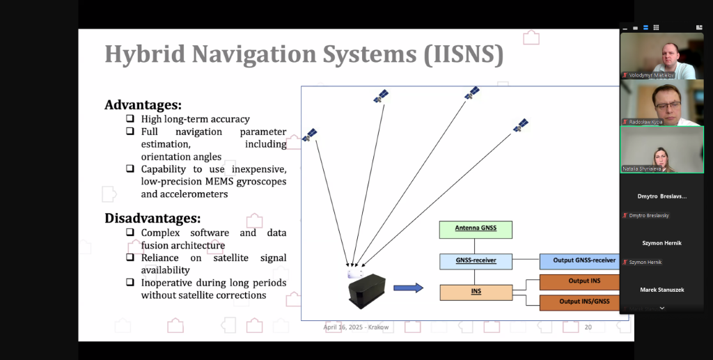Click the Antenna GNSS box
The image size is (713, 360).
click(476, 229)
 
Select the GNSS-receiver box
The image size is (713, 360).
click(476, 261)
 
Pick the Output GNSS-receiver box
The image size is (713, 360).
click(583, 261)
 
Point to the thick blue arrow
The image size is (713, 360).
click(408, 288)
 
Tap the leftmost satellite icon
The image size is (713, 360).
click(310, 134)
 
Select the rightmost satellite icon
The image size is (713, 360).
click(520, 125)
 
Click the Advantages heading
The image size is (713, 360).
click(143, 105)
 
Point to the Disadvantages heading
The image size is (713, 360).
click(152, 218)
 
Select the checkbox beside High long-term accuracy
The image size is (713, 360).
click(130, 119)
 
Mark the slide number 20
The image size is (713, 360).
click(588, 327)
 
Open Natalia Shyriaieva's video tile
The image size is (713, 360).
click(661, 150)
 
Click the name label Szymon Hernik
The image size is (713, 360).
click(645, 262)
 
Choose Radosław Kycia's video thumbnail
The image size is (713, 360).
click(661, 102)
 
